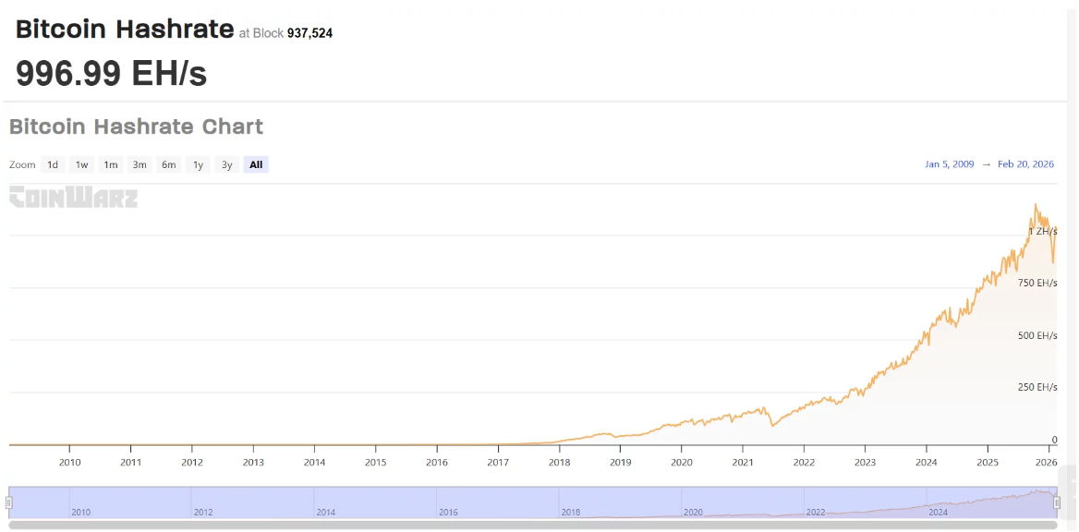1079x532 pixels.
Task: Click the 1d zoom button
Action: coord(53,165)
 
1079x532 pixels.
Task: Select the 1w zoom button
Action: coord(81,165)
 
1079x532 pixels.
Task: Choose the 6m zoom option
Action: coord(168,165)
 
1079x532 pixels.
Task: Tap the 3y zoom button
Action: coord(226,165)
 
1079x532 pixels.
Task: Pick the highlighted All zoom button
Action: coord(256,165)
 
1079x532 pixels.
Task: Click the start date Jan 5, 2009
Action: coord(949,164)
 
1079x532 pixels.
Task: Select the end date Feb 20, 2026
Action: coord(1025,164)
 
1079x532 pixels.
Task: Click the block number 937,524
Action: coord(309,33)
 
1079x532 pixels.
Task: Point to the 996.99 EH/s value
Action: coord(111,73)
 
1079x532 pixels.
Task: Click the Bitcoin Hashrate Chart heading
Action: coord(136,127)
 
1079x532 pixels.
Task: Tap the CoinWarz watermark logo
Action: coord(73,197)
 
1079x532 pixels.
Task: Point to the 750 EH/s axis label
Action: coord(1037,283)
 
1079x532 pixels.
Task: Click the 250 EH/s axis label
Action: coord(1037,387)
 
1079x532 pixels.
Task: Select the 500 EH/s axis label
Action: coord(1037,335)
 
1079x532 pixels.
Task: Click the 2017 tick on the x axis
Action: coord(498,462)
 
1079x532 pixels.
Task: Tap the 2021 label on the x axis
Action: coord(743,462)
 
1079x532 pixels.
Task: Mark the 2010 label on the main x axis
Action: coord(70,462)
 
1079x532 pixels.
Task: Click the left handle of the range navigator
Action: coord(9,502)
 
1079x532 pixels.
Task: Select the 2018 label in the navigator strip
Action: coord(571,512)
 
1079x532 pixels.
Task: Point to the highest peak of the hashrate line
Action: coord(1036,204)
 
